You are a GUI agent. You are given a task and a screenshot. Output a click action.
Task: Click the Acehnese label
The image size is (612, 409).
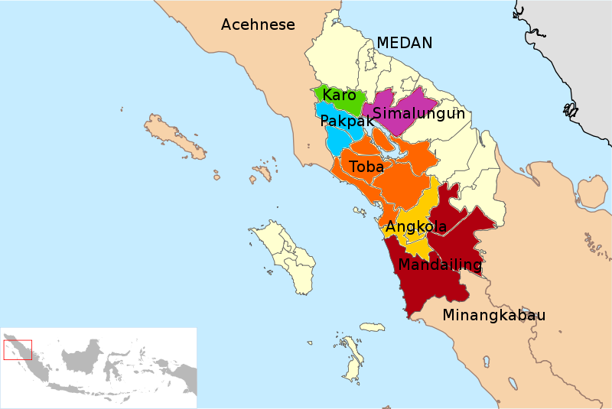(258, 25)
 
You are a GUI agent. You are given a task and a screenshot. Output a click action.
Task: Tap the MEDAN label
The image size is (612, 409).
(405, 43)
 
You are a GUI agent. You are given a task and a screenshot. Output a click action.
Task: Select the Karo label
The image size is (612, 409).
(339, 96)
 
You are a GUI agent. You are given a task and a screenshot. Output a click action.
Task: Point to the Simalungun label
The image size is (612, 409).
(418, 114)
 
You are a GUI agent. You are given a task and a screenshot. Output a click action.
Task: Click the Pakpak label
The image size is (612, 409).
(347, 122)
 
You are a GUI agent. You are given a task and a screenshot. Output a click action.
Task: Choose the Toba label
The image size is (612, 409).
(366, 167)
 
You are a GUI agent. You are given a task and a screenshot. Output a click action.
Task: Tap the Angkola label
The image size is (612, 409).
(416, 227)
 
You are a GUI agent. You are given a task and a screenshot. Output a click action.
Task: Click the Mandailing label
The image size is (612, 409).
(440, 265)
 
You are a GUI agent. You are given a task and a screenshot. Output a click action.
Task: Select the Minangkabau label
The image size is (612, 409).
(494, 315)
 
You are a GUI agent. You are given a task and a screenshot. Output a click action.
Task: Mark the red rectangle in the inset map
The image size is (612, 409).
(17, 349)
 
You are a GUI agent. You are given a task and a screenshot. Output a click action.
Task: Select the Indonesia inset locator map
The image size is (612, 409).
(99, 368)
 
